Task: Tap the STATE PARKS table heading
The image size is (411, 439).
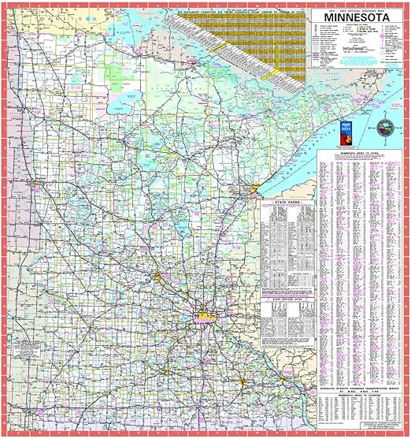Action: [287, 203]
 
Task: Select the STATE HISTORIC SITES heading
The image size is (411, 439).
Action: [287, 300]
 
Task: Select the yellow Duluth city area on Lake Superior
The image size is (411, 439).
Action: [254, 192]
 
